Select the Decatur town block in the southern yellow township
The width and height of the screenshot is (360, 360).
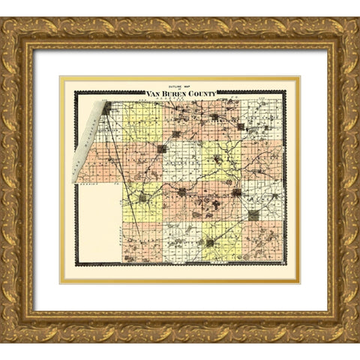(x=210, y=241)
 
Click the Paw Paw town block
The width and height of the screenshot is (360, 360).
(x=236, y=192)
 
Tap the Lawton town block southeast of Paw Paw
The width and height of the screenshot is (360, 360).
(x=253, y=214)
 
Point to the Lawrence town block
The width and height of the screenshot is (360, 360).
(x=182, y=192)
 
